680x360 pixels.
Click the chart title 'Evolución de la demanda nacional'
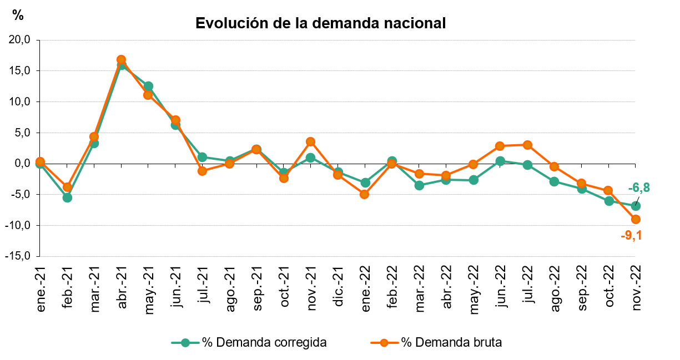pyautogui.click(x=321, y=23)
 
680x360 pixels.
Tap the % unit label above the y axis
pyautogui.click(x=18, y=16)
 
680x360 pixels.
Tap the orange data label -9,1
pyautogui.click(x=631, y=236)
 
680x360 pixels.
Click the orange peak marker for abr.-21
pyautogui.click(x=121, y=59)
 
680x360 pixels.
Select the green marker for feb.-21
pyautogui.click(x=67, y=197)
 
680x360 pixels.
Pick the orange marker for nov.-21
pyautogui.click(x=310, y=142)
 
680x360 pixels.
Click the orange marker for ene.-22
pyautogui.click(x=365, y=194)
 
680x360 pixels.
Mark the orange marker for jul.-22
pyautogui.click(x=527, y=145)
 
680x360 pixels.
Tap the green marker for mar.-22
pyautogui.click(x=419, y=185)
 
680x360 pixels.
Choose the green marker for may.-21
pyautogui.click(x=148, y=86)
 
